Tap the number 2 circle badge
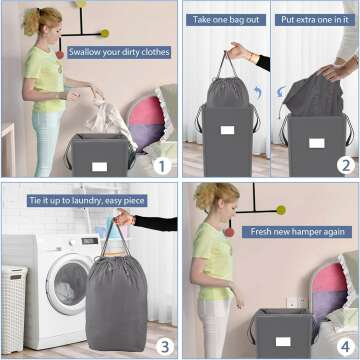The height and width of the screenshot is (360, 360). click(344, 164)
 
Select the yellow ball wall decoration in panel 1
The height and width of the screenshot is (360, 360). click(104, 33)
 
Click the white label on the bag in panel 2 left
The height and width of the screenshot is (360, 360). click(228, 130)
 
